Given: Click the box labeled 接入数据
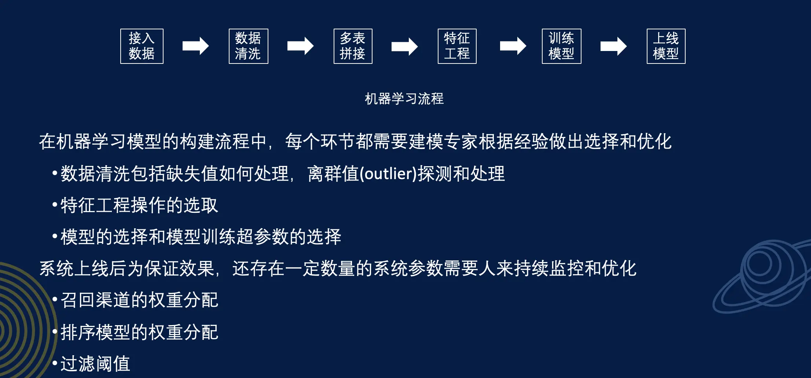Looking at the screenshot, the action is pos(142,46).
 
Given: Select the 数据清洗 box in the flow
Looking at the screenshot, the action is pos(248,46).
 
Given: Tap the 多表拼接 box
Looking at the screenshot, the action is pos(353,46).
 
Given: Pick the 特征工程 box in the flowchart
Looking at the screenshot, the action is pos(457,46).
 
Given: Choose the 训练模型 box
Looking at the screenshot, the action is pos(561,46).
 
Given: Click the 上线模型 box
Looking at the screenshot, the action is pos(666,46).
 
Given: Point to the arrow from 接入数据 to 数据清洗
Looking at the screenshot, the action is pos(195,46).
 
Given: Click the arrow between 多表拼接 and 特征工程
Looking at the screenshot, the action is pos(404,46).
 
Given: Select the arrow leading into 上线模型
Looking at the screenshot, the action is pos(613,46).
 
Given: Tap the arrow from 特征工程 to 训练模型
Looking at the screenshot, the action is pos(513,46).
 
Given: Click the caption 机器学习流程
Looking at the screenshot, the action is pos(404,99).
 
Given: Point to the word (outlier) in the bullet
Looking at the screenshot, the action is pos(389,174).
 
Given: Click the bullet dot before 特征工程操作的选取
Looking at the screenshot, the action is pos(55,204).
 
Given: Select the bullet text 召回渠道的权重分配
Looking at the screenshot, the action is pos(139,300).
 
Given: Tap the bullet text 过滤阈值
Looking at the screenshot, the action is pos(95,364).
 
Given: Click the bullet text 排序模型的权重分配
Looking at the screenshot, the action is pos(139,332).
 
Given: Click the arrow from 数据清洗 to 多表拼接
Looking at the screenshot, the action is pos(300,46).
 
